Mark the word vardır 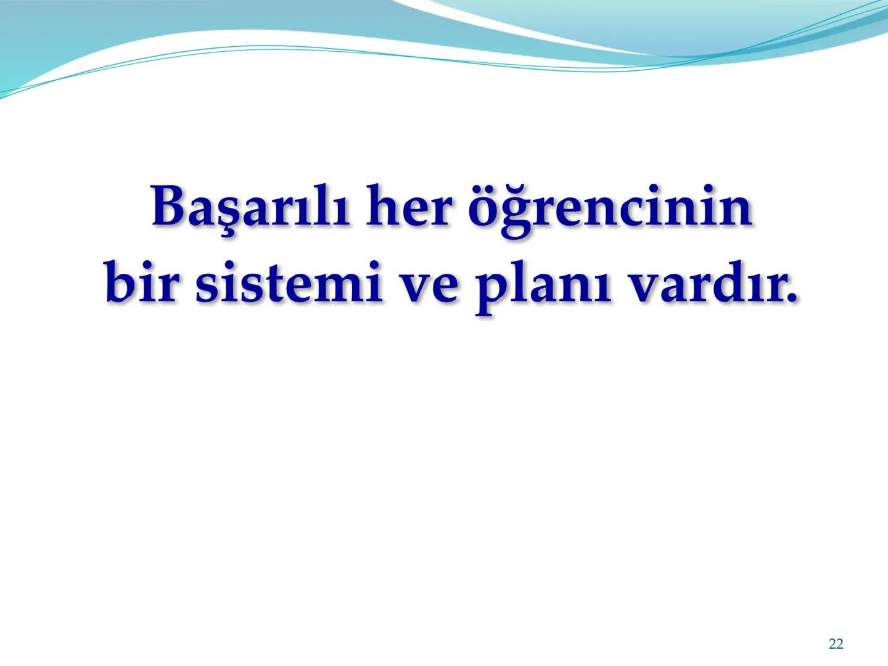pos(703,283)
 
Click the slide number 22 pos(836,644)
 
